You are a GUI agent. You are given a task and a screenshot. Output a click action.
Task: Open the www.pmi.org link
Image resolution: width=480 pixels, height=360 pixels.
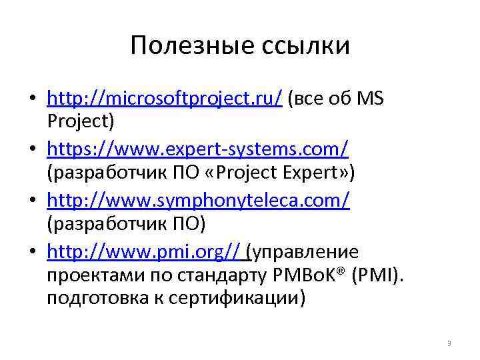[x=143, y=251]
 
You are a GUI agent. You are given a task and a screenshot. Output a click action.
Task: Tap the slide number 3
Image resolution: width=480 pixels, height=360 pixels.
[x=449, y=344]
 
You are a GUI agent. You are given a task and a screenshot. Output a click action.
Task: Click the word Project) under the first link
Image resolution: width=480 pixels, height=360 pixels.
[x=81, y=122]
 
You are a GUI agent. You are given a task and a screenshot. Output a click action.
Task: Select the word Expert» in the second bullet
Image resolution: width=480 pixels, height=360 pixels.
[x=326, y=173]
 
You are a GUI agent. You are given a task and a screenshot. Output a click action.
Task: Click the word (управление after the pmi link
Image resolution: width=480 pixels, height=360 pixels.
[x=302, y=251]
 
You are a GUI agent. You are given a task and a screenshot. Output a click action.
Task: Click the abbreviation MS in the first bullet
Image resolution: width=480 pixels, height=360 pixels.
[x=371, y=99]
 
